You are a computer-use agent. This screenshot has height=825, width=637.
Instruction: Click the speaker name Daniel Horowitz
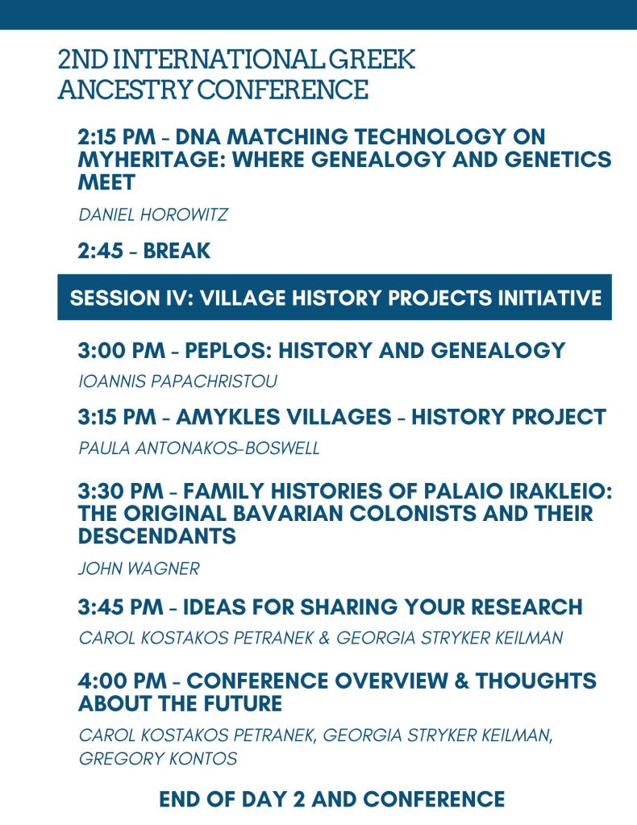click(x=153, y=215)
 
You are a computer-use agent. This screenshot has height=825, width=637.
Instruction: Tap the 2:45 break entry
click(x=144, y=251)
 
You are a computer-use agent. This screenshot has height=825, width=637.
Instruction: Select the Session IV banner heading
click(x=335, y=298)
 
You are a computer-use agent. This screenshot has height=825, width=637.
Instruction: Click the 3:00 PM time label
click(x=122, y=351)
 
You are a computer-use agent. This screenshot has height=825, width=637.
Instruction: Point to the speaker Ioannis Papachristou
click(x=177, y=381)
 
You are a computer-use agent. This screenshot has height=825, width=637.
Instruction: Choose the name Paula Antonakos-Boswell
click(x=199, y=448)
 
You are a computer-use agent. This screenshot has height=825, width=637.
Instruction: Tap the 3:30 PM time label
click(x=120, y=491)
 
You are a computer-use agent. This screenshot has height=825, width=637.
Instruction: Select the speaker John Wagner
click(x=139, y=569)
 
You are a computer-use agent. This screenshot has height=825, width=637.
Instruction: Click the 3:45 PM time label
click(x=120, y=606)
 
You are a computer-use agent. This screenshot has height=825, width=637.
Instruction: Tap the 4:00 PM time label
click(x=122, y=681)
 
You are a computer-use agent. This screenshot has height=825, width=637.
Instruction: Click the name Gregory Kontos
click(x=158, y=759)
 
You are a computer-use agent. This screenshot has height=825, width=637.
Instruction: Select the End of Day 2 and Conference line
click(x=332, y=799)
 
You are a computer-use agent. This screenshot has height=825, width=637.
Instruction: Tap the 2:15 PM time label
click(x=117, y=137)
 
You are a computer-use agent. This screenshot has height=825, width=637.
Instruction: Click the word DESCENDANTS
click(x=156, y=536)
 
